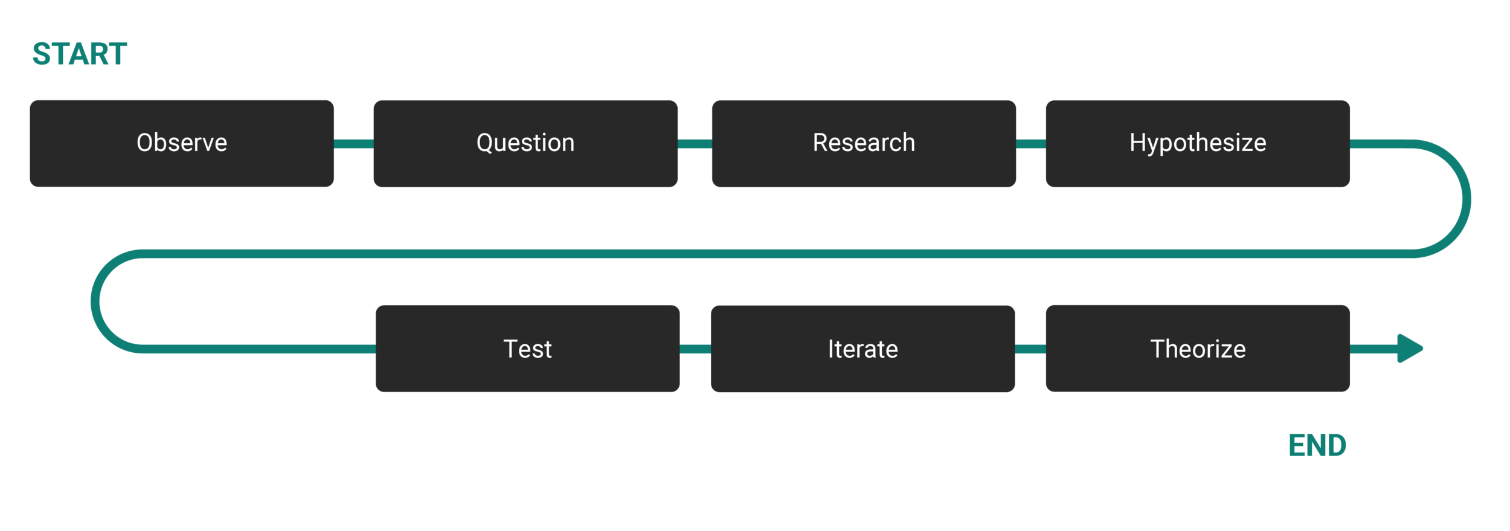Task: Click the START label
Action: point(79,54)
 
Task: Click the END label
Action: point(1317,446)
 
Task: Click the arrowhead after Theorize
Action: point(1410,349)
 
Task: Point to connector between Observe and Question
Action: point(354,144)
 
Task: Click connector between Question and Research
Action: point(695,144)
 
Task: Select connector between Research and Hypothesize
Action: point(1031,144)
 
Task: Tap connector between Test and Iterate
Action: point(695,349)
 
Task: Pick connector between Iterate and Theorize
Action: point(1030,349)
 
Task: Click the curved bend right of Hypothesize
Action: point(1467,199)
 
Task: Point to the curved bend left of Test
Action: point(95,301)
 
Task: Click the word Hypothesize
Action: point(1198,143)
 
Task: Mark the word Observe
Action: point(181,143)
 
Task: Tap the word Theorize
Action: point(1198,349)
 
